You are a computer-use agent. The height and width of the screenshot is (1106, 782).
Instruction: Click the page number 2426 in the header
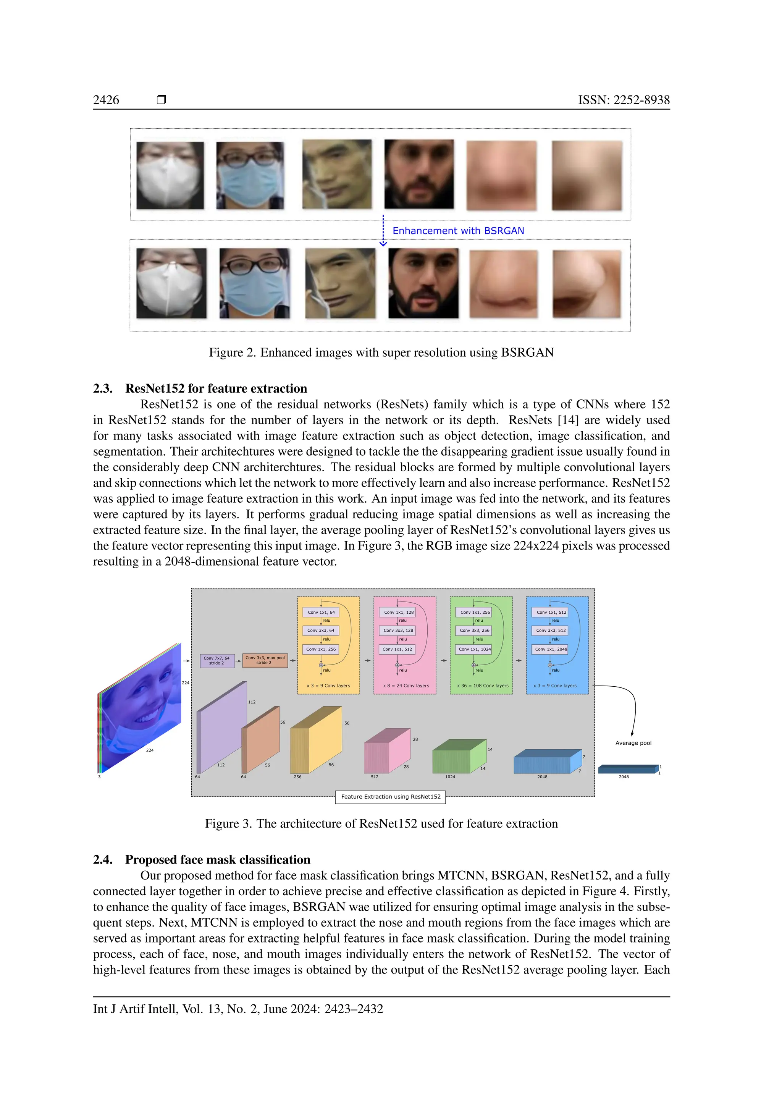coord(106,100)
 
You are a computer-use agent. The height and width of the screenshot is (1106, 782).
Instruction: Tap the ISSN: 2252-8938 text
coord(624,100)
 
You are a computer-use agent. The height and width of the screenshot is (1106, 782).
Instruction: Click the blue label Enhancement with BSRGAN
coord(458,231)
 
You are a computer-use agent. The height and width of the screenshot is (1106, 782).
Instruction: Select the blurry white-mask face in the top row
coord(170,175)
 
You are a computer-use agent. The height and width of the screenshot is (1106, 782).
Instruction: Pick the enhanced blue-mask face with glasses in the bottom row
coord(255,283)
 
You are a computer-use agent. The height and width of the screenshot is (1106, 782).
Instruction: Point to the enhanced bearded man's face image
coord(423,283)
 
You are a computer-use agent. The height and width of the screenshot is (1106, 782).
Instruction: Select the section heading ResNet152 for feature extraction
coord(216,389)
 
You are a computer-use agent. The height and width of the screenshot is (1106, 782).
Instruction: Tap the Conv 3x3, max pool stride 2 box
coord(265,660)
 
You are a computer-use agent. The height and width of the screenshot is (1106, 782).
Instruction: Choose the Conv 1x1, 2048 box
coord(551,649)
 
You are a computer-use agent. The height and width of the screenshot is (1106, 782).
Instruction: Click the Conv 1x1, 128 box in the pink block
coord(399,612)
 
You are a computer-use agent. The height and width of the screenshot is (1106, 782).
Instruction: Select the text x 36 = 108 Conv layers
coord(483,686)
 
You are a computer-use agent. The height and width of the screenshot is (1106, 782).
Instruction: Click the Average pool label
coord(633,743)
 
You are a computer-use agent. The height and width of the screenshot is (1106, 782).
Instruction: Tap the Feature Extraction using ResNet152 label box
coord(391,797)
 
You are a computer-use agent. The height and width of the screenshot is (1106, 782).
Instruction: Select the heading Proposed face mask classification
coord(218,860)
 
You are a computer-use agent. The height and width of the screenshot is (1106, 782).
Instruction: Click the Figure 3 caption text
coord(381,824)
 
